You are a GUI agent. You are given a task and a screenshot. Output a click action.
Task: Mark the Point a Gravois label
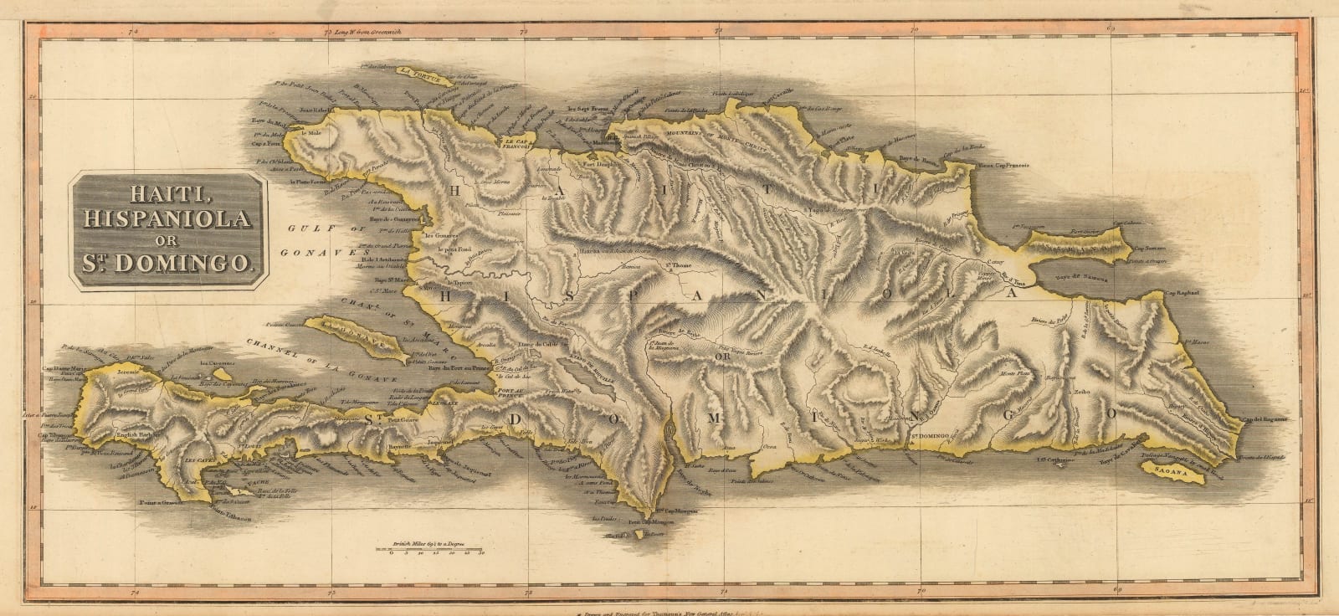coord(156,503)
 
